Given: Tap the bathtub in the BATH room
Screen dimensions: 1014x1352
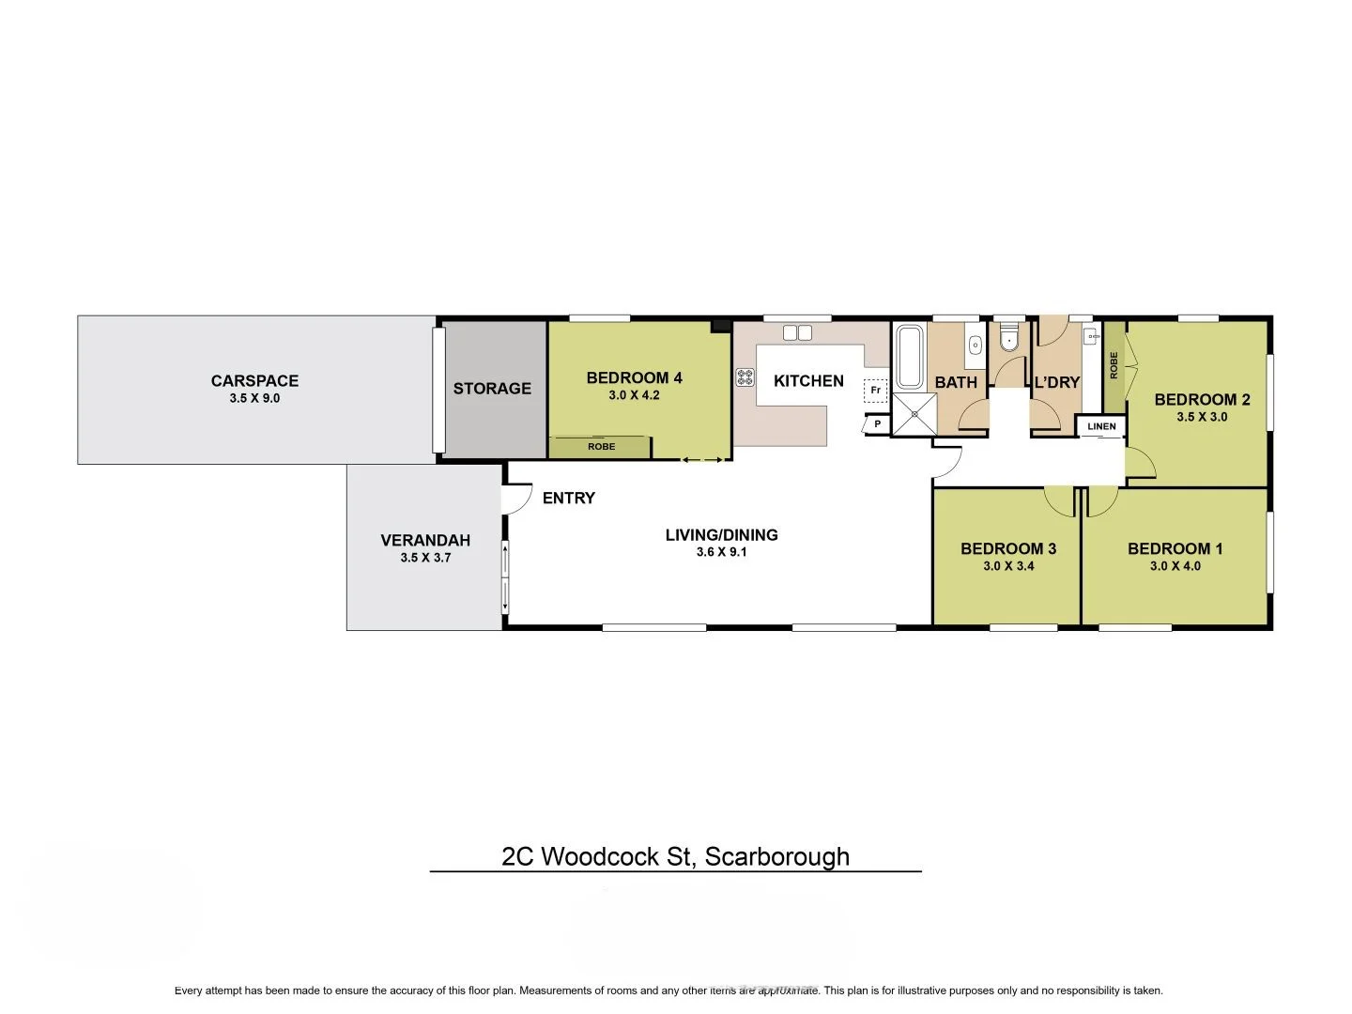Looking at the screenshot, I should coord(909,357).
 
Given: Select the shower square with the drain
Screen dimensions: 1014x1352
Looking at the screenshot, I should coord(914,415).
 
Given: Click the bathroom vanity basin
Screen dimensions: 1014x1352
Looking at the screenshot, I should coord(975,344).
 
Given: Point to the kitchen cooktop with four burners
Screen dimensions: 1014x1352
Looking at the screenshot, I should coord(745,377).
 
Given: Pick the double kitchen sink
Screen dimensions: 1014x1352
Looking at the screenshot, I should coord(797,332).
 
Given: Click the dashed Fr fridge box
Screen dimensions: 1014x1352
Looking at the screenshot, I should coord(875,390).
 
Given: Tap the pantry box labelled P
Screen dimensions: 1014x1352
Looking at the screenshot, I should coord(877,424).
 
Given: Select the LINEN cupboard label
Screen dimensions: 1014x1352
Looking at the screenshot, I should coord(1101,426).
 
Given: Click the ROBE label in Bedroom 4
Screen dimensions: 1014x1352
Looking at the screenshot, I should coord(601,447).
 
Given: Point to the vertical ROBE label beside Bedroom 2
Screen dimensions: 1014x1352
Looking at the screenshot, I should coord(1114,365).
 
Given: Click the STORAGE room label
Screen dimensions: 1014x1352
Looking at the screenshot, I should coord(492,389).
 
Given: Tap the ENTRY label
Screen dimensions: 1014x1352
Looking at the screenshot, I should coord(569,498).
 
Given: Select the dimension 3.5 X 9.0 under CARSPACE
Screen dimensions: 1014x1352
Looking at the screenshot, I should coord(254,398).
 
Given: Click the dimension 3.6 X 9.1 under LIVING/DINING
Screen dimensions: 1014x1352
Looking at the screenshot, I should coord(721,552).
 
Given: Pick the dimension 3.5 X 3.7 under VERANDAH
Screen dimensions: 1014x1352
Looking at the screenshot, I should coord(425,558).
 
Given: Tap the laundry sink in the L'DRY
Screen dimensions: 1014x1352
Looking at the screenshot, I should coord(1091,336).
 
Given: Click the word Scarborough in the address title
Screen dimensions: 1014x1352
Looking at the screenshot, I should coord(776,856).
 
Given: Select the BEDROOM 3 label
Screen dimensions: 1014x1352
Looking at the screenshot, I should coord(1008,548).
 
